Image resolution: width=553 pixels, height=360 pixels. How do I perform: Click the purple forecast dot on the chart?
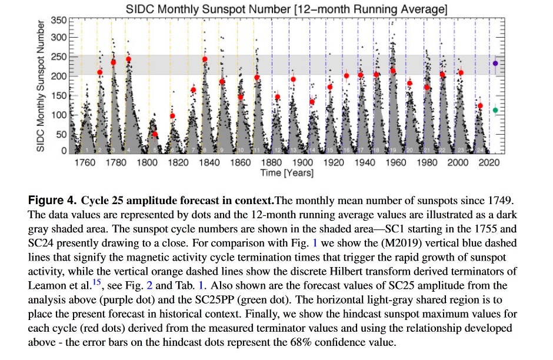495,63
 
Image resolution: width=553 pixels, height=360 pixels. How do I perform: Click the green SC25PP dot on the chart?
495,110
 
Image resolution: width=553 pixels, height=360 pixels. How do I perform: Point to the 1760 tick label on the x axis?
85,163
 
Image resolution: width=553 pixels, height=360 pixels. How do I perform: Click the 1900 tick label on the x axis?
302,163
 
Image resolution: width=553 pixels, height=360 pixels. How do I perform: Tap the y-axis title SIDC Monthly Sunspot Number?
41,86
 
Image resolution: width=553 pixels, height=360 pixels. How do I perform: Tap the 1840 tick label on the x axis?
209,163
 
